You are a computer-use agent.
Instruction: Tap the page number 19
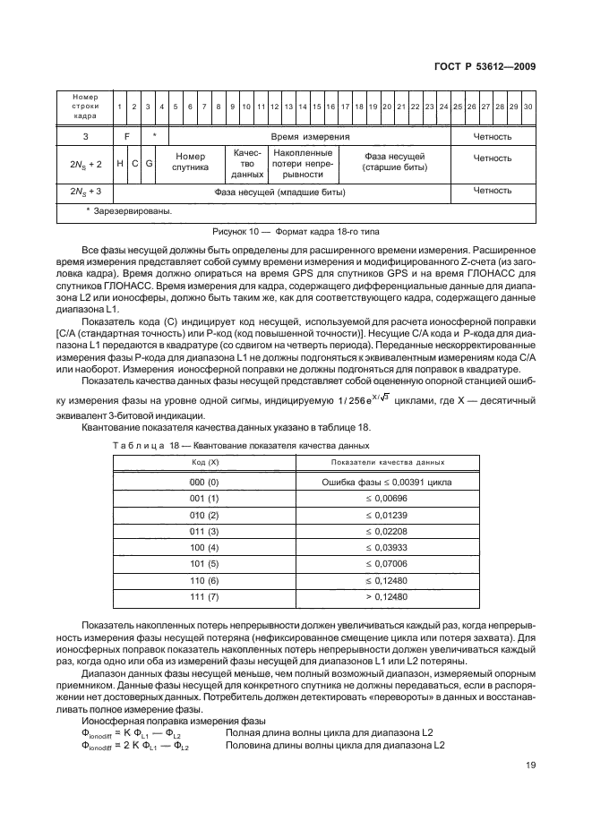click(529, 765)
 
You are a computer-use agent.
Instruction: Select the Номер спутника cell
click(191, 165)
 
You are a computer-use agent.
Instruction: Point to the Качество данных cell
click(246, 165)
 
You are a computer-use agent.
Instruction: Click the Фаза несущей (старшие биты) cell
click(394, 162)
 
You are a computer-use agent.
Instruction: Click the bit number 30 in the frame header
click(528, 107)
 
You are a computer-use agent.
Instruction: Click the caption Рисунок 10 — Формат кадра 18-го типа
click(294, 230)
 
